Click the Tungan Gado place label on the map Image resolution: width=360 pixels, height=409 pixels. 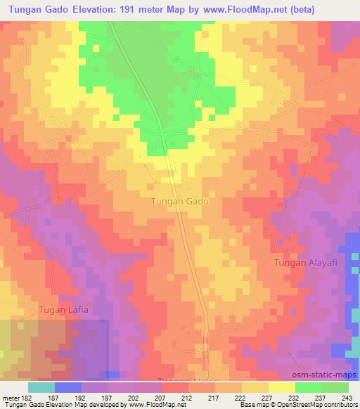(x=179, y=201)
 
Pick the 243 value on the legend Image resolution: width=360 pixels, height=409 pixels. (x=349, y=398)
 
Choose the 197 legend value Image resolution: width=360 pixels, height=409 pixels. (x=108, y=398)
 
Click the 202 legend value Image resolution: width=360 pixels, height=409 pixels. (x=134, y=398)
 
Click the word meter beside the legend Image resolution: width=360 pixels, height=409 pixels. (x=10, y=398)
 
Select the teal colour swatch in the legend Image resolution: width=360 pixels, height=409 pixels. (x=41, y=387)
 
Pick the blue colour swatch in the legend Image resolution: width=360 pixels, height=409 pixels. (x=67, y=387)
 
